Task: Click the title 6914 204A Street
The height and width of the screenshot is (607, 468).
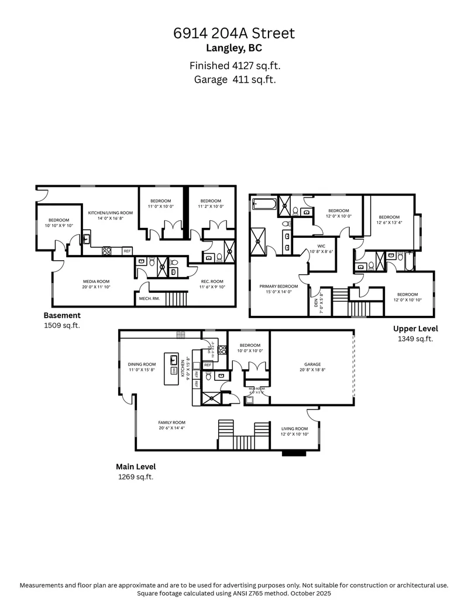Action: coord(234,33)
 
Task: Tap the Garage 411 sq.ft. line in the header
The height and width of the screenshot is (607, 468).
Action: coord(234,79)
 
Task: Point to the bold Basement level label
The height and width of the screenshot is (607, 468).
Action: coord(62,315)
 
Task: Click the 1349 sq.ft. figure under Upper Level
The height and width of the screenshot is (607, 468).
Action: coord(415,339)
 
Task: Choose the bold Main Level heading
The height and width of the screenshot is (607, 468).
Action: coord(136,467)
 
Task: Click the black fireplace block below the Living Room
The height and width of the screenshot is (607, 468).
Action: coord(294,453)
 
